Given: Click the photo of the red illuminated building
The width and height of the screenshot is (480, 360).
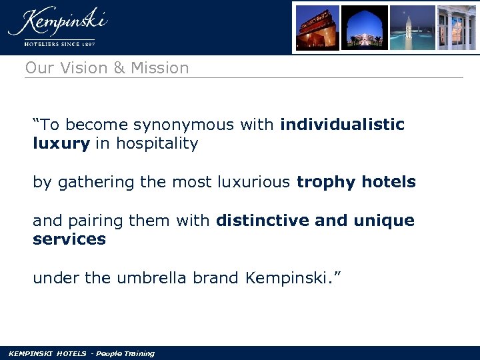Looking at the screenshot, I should pos(317,28).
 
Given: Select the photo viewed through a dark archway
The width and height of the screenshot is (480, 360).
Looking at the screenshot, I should pos(365,28).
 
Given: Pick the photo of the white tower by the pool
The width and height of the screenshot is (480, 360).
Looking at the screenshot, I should pos(412,28).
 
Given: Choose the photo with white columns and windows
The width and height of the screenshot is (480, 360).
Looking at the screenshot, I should pos(457,28).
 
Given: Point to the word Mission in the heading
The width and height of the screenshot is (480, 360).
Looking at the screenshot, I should pos(160,68).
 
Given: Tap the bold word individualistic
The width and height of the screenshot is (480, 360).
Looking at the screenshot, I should pos(342,125).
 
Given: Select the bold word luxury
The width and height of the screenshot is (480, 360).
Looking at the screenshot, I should pos(61,144).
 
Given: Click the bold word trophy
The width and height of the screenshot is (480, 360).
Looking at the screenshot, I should pos(321,182).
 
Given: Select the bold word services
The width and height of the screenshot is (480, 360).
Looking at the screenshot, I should pos(69,239).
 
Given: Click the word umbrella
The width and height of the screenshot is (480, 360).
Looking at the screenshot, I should pos(152,278).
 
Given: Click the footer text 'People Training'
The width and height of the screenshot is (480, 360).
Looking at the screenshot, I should pos(125,353).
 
